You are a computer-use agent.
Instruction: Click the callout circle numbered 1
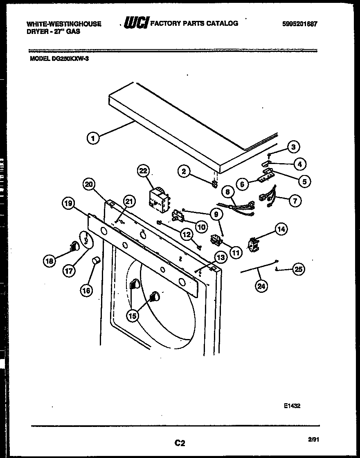93,138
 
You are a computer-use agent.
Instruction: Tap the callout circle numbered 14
281,229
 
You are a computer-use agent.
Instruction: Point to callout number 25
299,269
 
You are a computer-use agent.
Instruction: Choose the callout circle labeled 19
69,203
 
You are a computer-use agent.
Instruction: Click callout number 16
86,290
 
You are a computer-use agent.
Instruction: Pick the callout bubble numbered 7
295,200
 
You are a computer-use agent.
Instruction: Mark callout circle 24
261,286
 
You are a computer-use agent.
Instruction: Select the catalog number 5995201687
299,24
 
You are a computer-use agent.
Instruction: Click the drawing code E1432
292,406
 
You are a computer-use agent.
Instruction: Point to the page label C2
180,442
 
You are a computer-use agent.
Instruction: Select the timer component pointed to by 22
159,201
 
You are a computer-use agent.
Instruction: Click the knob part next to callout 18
74,245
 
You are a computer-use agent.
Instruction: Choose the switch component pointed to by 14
254,244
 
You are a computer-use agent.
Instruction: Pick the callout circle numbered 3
293,146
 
